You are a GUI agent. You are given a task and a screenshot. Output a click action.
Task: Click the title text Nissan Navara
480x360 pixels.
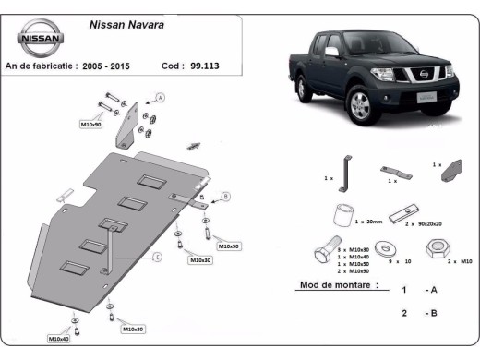click(x=126, y=25)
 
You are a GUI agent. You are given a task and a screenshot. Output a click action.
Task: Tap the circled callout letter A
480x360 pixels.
click(x=159, y=98)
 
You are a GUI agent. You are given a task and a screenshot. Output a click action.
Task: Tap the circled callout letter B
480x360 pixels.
click(x=225, y=197)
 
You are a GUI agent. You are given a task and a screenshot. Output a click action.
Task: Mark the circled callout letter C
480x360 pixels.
click(x=157, y=256)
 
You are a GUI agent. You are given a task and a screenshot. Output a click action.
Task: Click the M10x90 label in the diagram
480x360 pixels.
click(x=90, y=124)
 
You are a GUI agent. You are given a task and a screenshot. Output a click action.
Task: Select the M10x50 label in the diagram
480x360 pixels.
click(x=227, y=246)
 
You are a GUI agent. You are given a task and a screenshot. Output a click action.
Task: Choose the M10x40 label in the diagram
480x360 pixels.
click(x=58, y=339)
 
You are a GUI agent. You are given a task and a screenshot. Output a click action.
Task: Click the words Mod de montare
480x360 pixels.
click(x=338, y=286)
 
